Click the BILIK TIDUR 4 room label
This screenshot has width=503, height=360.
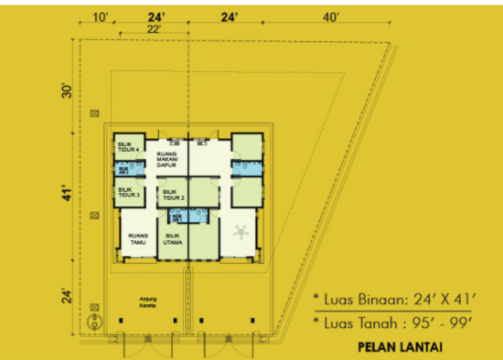tap(127, 147)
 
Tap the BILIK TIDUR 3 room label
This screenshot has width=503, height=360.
tap(127, 193)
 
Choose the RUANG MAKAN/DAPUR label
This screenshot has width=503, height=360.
tap(167, 156)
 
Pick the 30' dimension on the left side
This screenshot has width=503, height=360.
tap(65, 91)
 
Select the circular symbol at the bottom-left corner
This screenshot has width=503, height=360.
tap(93, 322)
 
